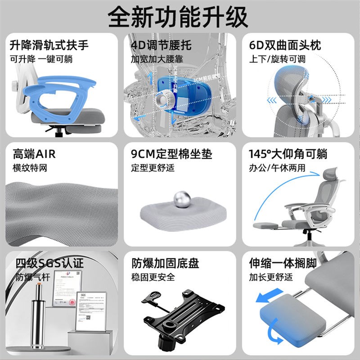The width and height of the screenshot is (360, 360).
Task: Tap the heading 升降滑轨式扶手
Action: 49,45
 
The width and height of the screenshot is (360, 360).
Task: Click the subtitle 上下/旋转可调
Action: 277,59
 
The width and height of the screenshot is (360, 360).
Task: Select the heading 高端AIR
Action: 34,154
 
